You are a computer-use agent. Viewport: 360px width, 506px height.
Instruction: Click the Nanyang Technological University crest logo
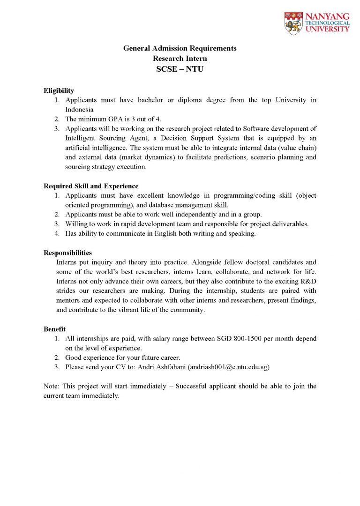click(293, 23)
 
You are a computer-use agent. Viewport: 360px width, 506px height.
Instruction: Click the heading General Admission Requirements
click(180, 48)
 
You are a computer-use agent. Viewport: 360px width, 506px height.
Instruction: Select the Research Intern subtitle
click(180, 59)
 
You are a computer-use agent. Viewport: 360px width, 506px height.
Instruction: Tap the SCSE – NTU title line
click(180, 69)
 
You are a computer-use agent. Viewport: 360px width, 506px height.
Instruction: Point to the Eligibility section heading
click(59, 90)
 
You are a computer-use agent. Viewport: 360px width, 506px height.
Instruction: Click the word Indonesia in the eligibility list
click(80, 109)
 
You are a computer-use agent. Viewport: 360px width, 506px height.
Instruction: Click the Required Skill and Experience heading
click(91, 186)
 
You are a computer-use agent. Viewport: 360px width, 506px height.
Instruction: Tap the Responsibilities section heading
click(67, 253)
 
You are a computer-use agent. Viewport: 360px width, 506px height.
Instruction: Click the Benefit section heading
click(55, 329)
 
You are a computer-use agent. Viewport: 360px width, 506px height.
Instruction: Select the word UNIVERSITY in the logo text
click(327, 29)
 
